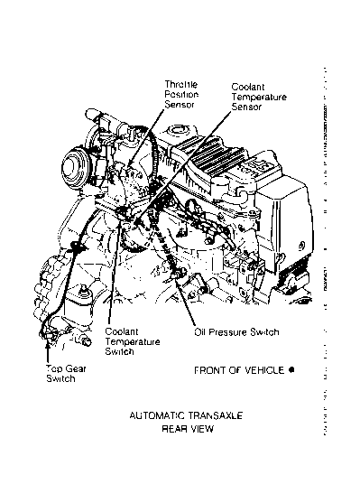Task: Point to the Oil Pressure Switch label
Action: [236, 331]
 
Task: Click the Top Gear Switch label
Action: [61, 375]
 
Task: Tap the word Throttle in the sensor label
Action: [181, 83]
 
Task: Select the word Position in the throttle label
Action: [181, 94]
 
